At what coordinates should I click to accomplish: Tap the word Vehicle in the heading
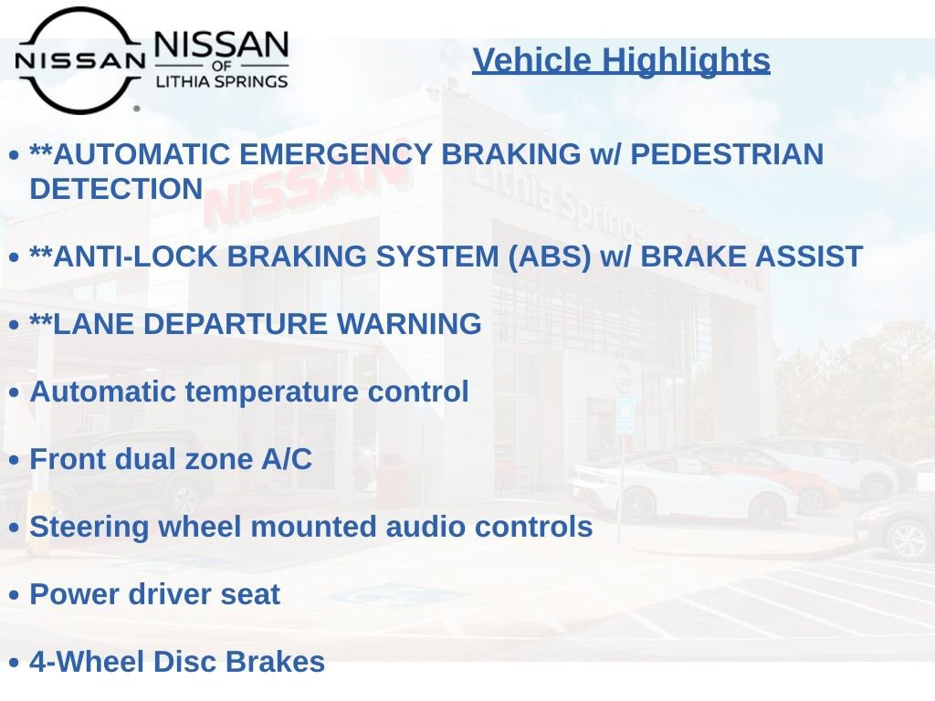(532, 60)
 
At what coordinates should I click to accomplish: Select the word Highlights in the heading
(686, 61)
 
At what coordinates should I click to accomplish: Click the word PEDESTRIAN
(727, 154)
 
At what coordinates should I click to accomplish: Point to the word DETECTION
(116, 189)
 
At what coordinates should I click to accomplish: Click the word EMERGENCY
(335, 154)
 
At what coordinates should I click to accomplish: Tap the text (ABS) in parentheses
(549, 256)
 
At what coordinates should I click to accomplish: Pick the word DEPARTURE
(235, 324)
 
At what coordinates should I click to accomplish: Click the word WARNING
(409, 324)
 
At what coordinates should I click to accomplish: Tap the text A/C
(287, 460)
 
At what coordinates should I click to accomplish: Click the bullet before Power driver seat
(15, 595)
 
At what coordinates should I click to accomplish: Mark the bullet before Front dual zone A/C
(15, 460)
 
